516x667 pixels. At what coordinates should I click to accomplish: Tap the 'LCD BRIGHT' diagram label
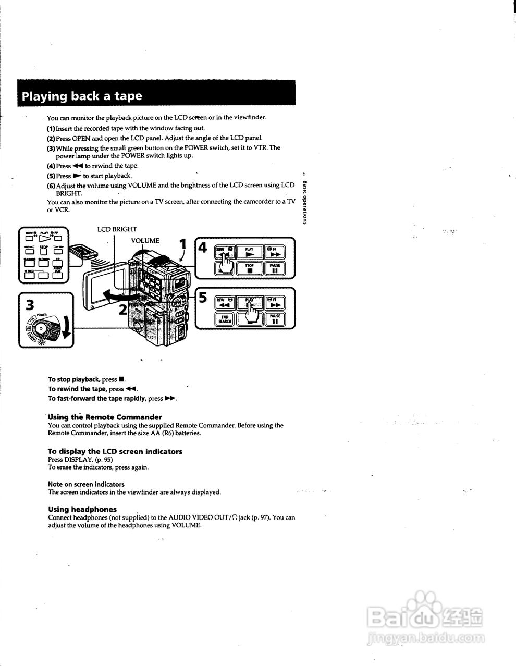(117, 229)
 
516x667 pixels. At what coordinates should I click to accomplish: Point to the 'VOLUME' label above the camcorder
(145, 241)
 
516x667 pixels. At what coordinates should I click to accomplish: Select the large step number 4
(203, 248)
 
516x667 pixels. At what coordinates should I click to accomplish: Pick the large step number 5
(203, 298)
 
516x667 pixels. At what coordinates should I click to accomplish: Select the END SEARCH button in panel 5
(225, 319)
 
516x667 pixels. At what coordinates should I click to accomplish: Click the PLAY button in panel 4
(250, 252)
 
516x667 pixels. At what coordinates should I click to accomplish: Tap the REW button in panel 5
(225, 303)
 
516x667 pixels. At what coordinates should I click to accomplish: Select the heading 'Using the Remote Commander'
(105, 417)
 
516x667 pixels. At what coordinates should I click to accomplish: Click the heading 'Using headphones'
(82, 509)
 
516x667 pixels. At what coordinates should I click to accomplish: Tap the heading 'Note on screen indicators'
(86, 484)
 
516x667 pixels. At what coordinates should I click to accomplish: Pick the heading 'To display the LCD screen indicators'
(115, 451)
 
